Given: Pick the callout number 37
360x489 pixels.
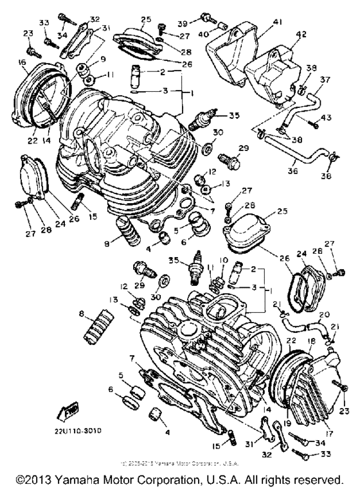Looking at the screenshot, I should (x=325, y=80).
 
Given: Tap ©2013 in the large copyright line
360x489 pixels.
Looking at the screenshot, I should (x=35, y=480).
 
